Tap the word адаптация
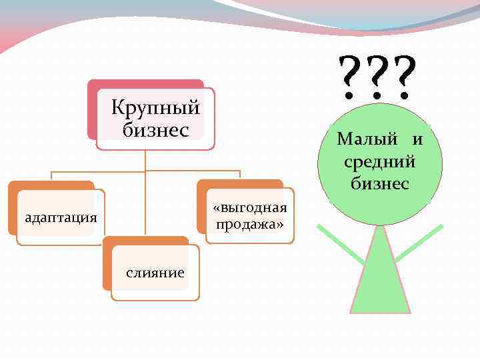point(61,217)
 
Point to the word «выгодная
point(250,209)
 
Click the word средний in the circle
point(380,161)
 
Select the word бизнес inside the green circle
point(380,183)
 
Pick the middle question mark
point(377,77)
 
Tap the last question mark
point(405,77)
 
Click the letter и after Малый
point(417,140)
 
